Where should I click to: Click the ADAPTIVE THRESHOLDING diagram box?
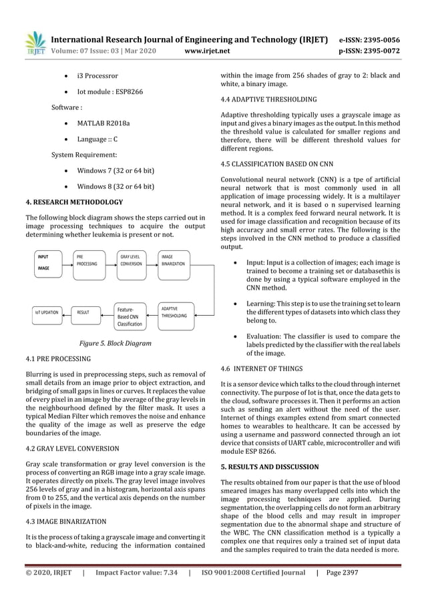[176, 312]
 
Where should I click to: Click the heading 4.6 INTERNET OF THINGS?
[261, 368]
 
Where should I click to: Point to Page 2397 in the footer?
[360, 572]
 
